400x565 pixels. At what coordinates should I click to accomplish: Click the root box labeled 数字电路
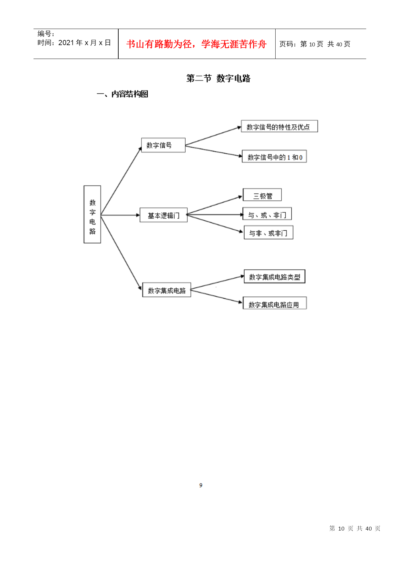tap(92, 214)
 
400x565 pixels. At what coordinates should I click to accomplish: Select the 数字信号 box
tap(163, 145)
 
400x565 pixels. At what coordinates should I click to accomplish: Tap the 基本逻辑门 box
tap(163, 215)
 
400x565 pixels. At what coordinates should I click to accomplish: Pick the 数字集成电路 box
tap(167, 290)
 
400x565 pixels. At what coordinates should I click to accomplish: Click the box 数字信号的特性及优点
tap(279, 126)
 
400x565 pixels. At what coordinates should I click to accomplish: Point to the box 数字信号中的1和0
tap(274, 156)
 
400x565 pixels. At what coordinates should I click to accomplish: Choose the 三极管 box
tap(262, 195)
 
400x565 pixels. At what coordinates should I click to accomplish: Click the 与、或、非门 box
tap(267, 214)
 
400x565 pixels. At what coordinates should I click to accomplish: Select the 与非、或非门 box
tap(268, 232)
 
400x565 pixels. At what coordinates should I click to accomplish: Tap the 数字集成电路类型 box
tap(275, 276)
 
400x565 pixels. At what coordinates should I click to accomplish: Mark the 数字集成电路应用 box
tap(275, 303)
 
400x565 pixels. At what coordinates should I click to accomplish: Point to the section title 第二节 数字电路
tap(218, 78)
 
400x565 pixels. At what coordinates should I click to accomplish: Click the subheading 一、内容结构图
tap(122, 94)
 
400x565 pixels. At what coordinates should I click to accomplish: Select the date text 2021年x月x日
tap(84, 43)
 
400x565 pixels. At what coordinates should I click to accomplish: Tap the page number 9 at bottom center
tap(201, 485)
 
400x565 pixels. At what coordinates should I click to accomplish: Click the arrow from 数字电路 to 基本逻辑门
tap(120, 215)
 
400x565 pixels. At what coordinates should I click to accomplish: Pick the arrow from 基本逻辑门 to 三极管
tap(214, 205)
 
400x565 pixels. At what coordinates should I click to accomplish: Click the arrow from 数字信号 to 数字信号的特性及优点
tap(213, 136)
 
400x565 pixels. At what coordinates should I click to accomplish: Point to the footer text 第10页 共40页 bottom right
tap(355, 528)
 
